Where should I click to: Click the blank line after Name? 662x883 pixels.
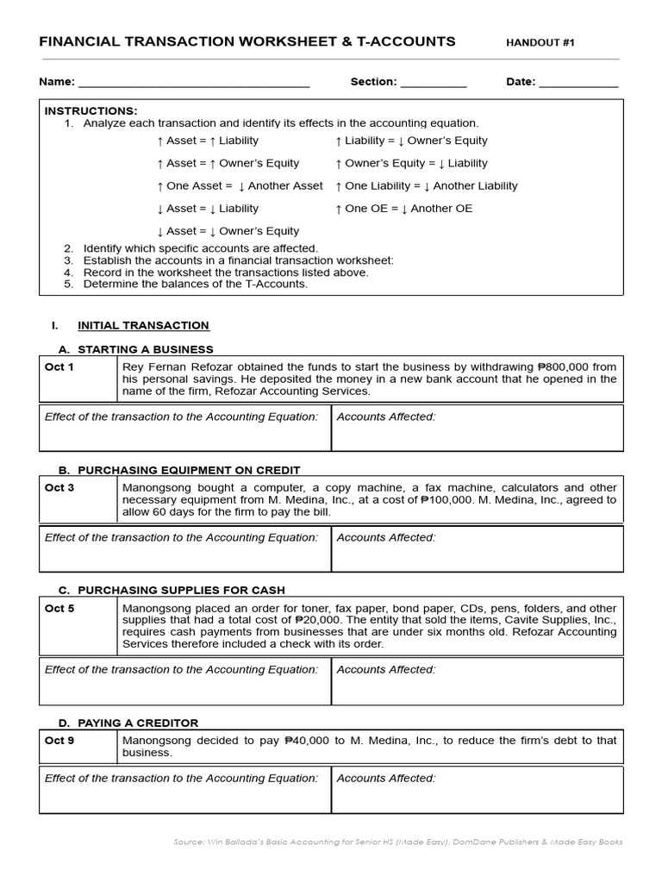(193, 84)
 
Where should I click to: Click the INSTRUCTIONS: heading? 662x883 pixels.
(91, 111)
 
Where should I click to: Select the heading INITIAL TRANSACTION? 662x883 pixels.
(143, 325)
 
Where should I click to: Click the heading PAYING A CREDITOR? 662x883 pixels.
(138, 723)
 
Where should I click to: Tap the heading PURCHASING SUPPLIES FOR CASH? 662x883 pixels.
(181, 590)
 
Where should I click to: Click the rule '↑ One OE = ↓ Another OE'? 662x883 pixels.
(403, 209)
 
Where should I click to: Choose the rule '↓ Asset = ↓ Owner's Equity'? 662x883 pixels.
(228, 231)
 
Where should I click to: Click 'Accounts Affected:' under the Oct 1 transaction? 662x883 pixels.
(386, 416)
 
